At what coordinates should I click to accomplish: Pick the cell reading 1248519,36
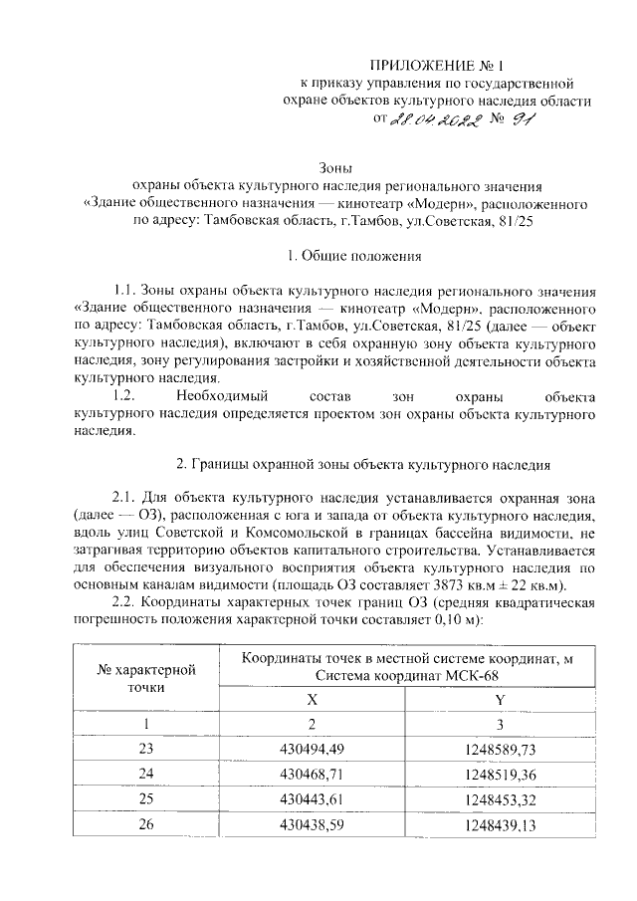point(499,772)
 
